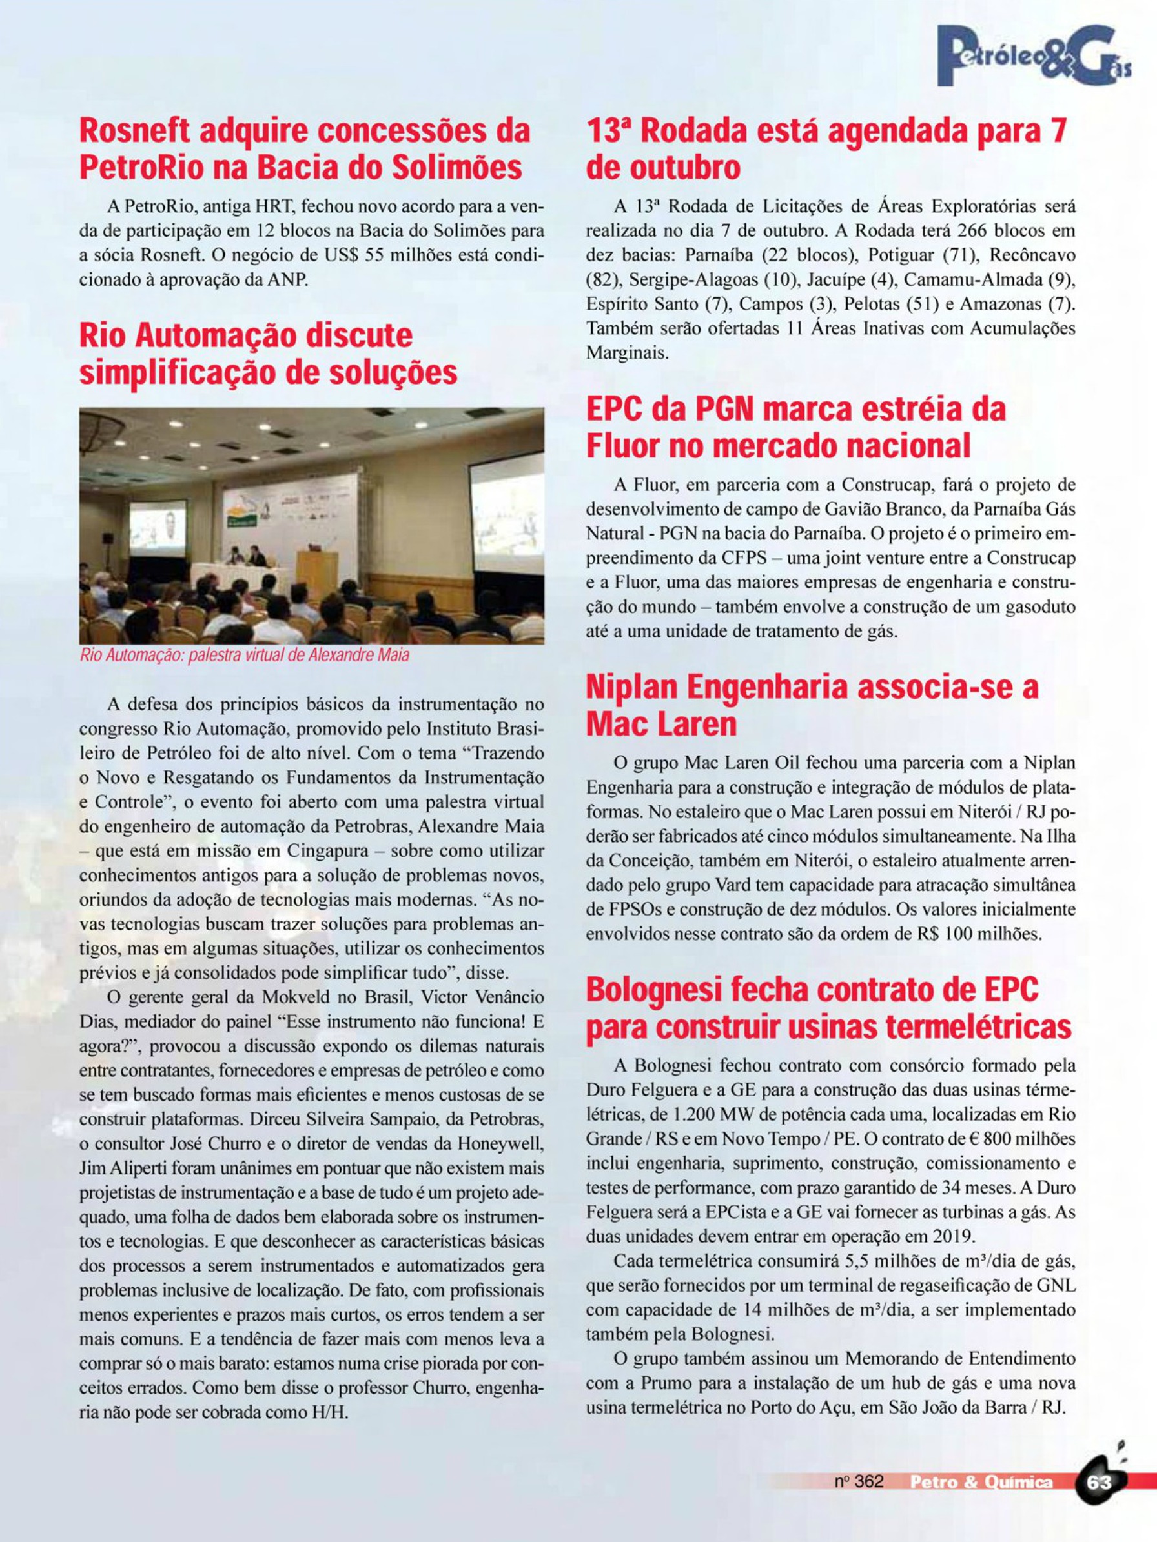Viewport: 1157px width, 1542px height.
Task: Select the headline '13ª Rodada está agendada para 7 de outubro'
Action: pyautogui.click(x=826, y=148)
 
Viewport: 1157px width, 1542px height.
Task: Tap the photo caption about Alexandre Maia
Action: pyautogui.click(x=244, y=656)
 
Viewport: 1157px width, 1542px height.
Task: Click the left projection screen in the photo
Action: pyautogui.click(x=158, y=527)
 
